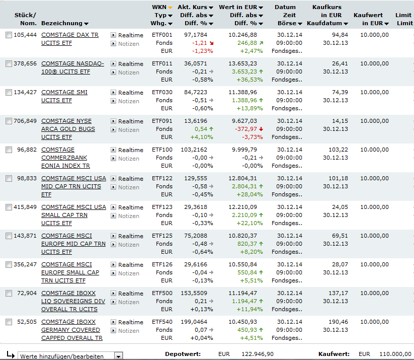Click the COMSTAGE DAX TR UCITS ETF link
point(70,35)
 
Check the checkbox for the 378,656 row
point(9,64)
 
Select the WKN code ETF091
point(162,121)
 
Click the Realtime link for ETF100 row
point(130,150)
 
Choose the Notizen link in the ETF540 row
point(128,331)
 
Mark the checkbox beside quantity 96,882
point(9,150)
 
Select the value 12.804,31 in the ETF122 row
point(242,178)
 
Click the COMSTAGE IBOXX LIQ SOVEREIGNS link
point(73,301)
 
